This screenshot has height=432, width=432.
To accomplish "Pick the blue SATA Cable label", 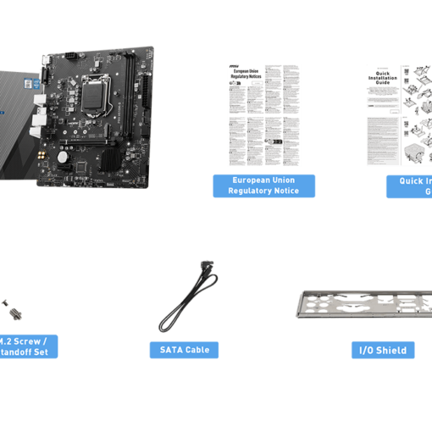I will coord(184,350).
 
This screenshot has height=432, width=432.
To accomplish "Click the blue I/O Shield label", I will coord(383,350).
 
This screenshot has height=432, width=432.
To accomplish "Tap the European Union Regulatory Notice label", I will coord(263,186).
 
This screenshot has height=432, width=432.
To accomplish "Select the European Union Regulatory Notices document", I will coord(264,114).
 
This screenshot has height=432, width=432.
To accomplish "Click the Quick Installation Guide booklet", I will coord(399,114).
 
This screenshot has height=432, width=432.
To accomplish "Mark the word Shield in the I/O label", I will coord(392,350).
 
